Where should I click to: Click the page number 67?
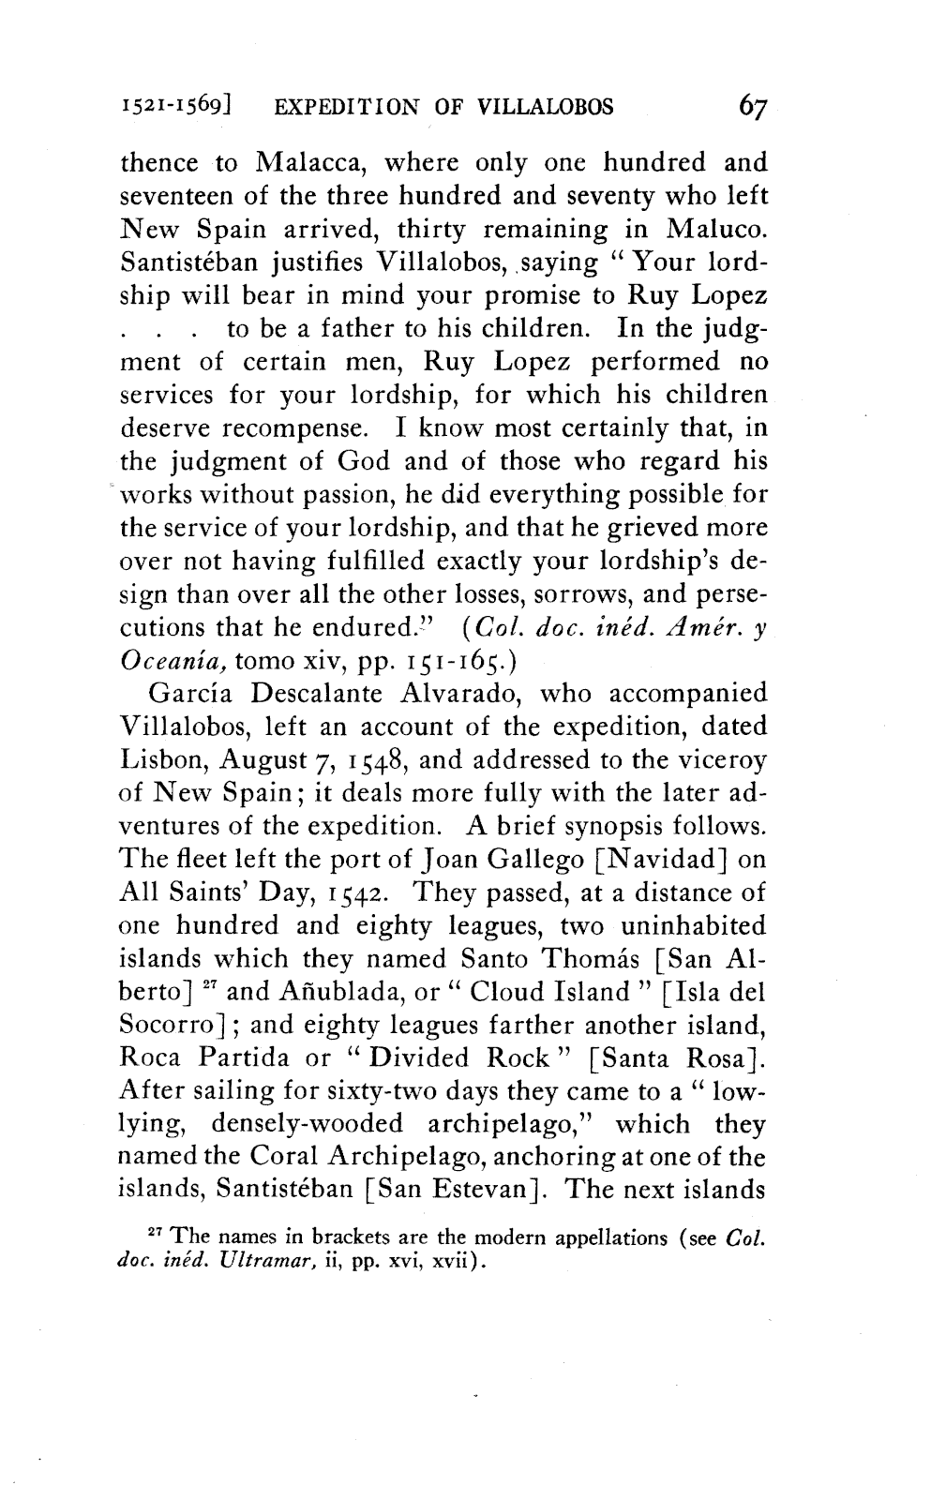pos(753,106)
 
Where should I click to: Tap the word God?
pos(365,461)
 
